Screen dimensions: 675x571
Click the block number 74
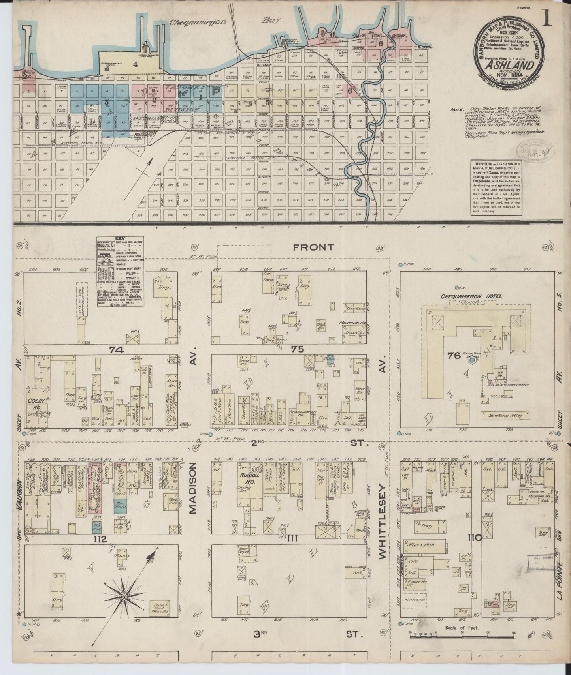(117, 349)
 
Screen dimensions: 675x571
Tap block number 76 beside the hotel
(454, 356)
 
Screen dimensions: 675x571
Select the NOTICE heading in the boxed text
(480, 164)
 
